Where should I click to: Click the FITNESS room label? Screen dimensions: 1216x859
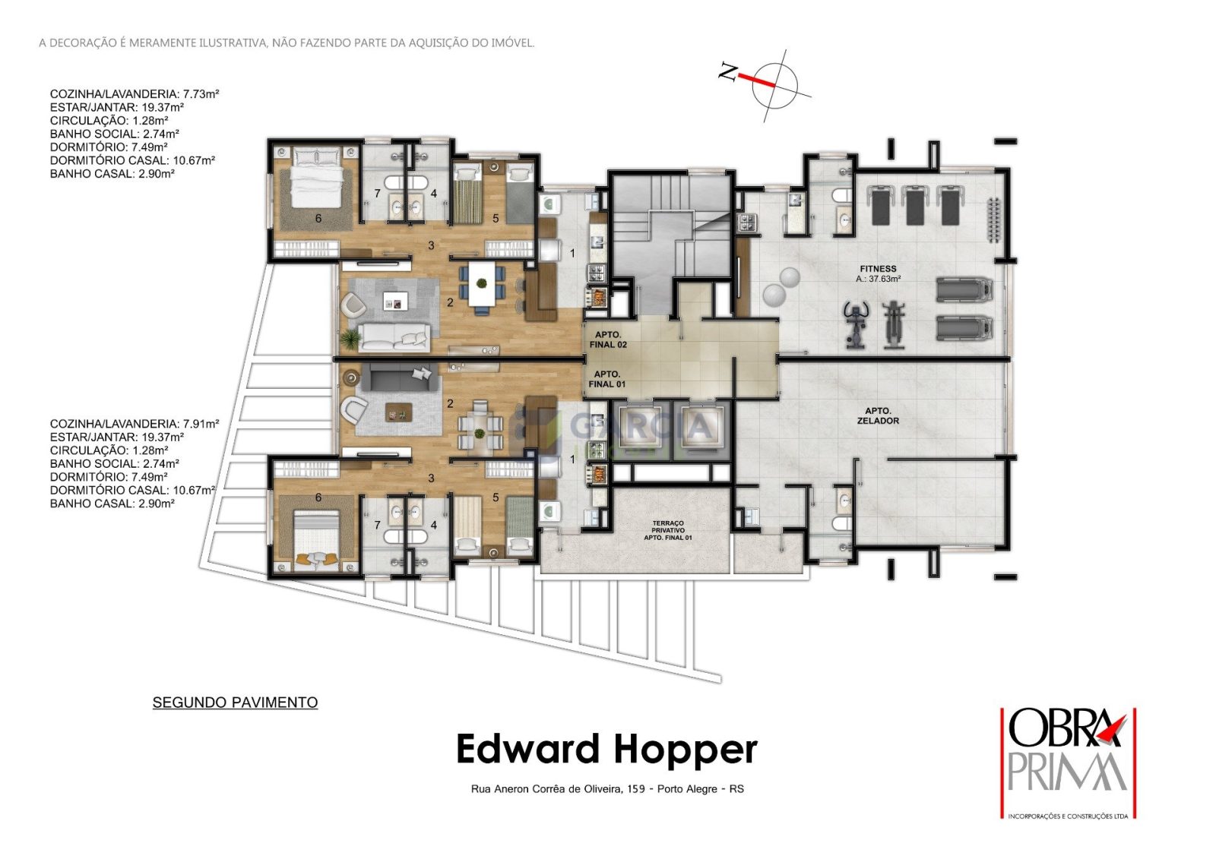pos(878,269)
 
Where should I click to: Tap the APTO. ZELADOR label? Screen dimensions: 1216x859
pos(878,415)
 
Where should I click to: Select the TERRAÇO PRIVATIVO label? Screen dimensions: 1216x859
pos(668,530)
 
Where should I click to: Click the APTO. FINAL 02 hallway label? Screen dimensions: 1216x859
pos(608,339)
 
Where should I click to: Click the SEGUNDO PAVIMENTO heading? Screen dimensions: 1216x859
pos(235,703)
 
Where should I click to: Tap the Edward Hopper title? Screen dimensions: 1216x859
pos(607,750)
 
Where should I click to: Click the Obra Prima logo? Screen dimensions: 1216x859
pos(1069,763)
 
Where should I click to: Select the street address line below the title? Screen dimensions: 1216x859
pos(607,788)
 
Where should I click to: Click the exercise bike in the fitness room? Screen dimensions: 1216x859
pos(856,324)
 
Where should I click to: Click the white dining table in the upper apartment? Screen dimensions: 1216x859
pos(481,284)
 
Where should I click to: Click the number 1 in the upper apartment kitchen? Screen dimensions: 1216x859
pos(572,253)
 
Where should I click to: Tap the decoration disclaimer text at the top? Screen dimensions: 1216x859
pos(287,43)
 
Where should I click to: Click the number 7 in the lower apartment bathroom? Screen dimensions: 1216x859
pos(377,525)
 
